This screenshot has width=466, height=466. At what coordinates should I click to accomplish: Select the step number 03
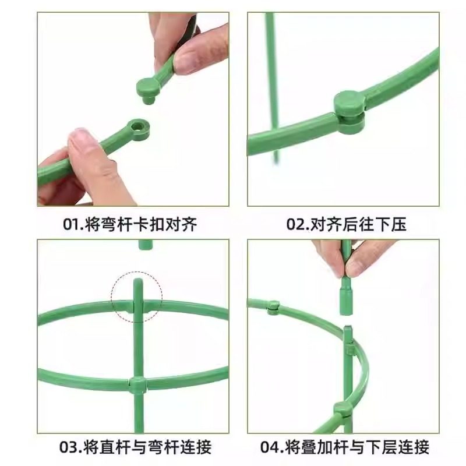69,447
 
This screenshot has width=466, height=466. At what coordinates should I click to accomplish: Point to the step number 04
270,447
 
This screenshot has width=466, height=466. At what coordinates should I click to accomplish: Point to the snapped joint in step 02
349,111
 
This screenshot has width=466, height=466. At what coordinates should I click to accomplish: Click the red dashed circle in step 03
137,296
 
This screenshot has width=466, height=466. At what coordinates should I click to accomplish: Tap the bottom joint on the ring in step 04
343,409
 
